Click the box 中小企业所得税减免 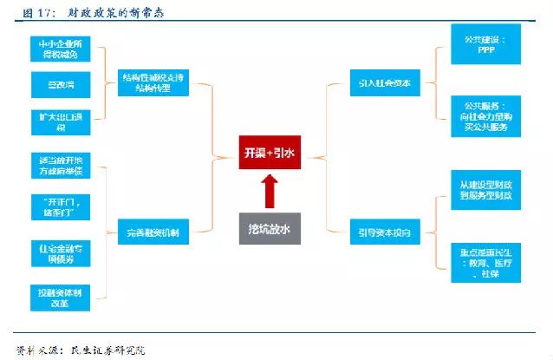(58, 49)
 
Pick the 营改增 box (58, 84)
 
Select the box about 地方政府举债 (58, 167)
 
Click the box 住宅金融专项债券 (58, 252)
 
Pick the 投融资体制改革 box (58, 295)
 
